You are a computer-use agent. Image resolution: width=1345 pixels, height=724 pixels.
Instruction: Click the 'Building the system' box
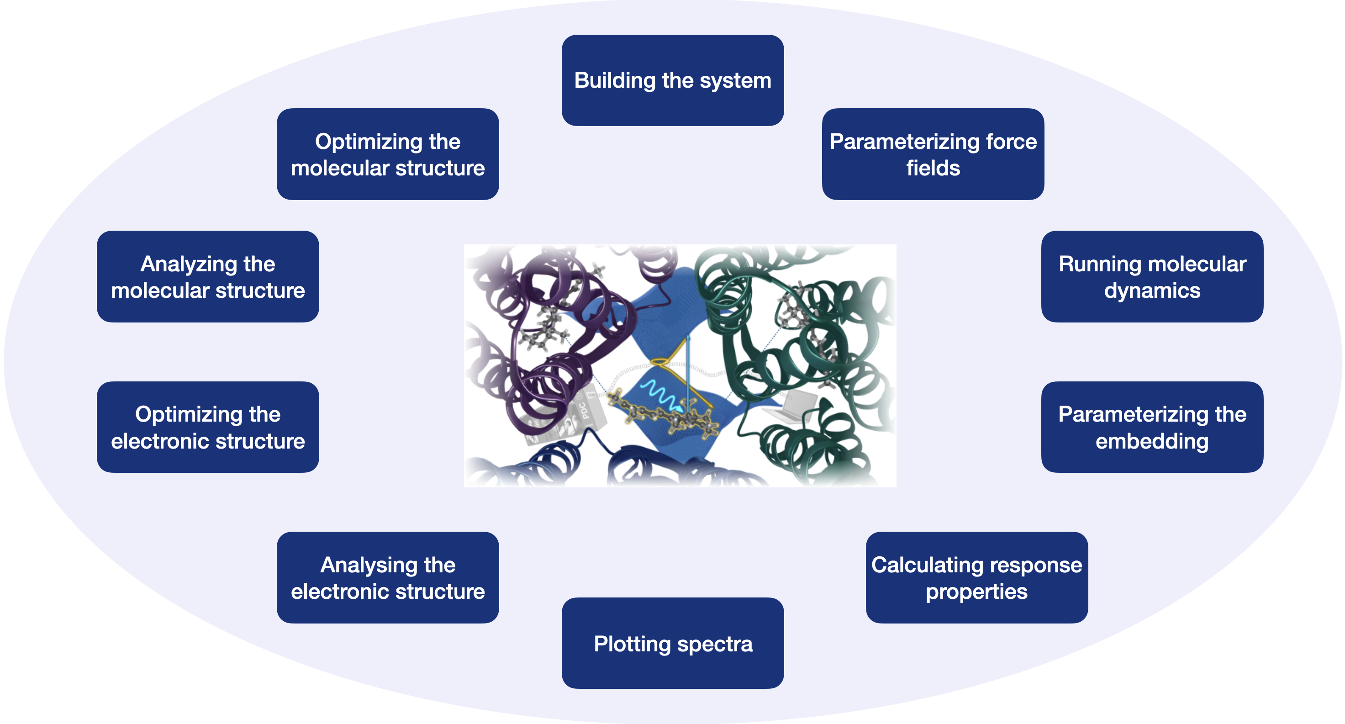coord(672,80)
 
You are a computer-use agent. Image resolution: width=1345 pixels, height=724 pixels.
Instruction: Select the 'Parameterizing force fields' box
coord(933,154)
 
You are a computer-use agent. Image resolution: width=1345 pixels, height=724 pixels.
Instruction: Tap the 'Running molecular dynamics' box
coord(1152,276)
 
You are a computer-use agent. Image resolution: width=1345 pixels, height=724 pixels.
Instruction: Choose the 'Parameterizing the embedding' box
coord(1152,427)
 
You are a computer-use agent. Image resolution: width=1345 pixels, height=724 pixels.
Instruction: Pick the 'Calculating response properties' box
coord(976,577)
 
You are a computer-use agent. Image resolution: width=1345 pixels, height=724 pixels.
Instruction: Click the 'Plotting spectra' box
coord(672,643)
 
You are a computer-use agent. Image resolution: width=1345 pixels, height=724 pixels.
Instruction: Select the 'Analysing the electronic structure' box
coord(387,577)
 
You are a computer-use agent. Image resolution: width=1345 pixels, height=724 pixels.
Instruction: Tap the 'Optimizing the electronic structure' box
coord(208,427)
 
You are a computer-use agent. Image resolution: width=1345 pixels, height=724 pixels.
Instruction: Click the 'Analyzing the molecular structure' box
coord(208,276)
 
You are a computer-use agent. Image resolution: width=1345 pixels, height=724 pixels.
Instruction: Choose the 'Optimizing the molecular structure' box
coord(387,154)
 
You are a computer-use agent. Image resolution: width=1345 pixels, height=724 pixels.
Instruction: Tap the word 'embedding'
coord(1152,441)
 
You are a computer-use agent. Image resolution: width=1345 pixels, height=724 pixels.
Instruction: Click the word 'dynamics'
coord(1152,291)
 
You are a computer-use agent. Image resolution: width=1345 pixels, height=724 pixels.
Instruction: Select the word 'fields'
coord(933,168)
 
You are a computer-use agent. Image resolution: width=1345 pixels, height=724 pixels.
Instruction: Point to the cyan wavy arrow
coord(660,394)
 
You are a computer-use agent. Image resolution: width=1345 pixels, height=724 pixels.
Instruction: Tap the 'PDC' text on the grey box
coord(584,411)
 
